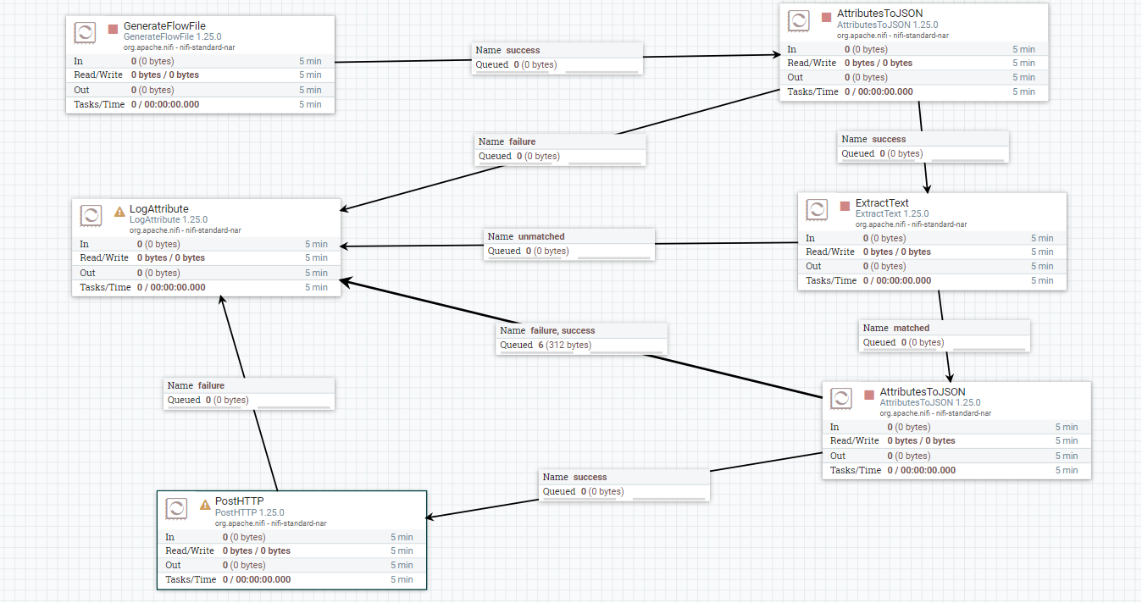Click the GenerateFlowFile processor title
click(164, 26)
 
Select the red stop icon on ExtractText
click(845, 206)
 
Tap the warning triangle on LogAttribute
click(119, 212)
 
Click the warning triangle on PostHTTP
click(205, 505)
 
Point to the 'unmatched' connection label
click(541, 236)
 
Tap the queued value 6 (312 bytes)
click(564, 345)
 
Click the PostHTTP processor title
click(239, 501)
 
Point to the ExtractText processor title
click(882, 203)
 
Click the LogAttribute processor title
click(159, 209)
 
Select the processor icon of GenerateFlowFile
click(85, 33)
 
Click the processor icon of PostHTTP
click(176, 508)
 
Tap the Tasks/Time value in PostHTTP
click(257, 579)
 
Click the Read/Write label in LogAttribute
click(104, 258)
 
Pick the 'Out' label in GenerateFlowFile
click(81, 91)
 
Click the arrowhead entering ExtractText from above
click(928, 189)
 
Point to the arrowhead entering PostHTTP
click(430, 517)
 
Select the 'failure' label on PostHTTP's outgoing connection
click(211, 386)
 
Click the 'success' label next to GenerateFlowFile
click(523, 51)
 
